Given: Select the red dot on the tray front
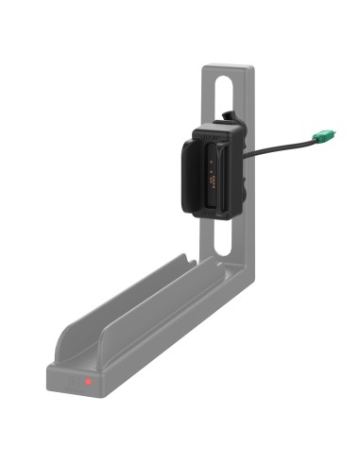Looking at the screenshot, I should click(87, 382).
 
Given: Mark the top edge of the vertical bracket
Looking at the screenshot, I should click(228, 65).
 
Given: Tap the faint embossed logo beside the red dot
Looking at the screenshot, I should click(73, 382).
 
